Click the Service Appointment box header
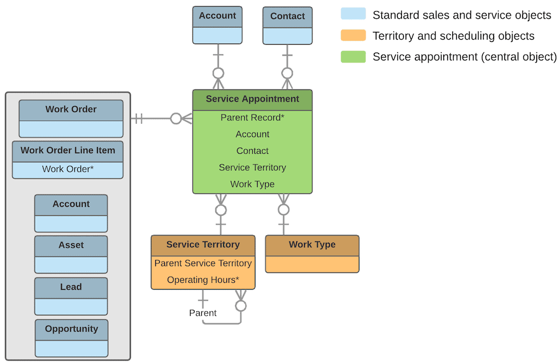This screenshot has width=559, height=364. pyautogui.click(x=252, y=100)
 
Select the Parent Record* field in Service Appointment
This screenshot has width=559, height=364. pyautogui.click(x=252, y=117)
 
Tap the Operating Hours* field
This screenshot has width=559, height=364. pyautogui.click(x=203, y=280)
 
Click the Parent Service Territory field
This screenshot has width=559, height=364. pyautogui.click(x=203, y=263)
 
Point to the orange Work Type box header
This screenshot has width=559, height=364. pyautogui.click(x=312, y=245)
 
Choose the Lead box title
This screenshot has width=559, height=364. pyautogui.click(x=71, y=287)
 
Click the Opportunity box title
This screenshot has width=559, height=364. pyautogui.click(x=72, y=329)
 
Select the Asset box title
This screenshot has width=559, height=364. pyautogui.click(x=71, y=245)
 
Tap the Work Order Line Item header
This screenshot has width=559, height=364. pyautogui.click(x=68, y=150)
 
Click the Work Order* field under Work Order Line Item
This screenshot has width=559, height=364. pyautogui.click(x=68, y=169)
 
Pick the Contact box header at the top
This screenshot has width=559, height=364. pyautogui.click(x=287, y=16)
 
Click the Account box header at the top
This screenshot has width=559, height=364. pyautogui.click(x=217, y=16)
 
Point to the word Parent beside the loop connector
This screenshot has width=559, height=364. pyautogui.click(x=202, y=313)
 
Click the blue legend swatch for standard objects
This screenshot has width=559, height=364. pyautogui.click(x=353, y=15)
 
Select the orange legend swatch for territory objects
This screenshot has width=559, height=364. pyautogui.click(x=353, y=36)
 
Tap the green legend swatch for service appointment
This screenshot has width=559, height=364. pyautogui.click(x=353, y=56)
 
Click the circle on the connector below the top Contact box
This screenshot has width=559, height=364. pyautogui.click(x=287, y=73)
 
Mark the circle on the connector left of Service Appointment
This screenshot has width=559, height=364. pyautogui.click(x=176, y=119)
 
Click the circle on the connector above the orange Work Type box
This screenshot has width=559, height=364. pyautogui.click(x=284, y=210)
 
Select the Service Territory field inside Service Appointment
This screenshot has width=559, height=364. pyautogui.click(x=252, y=167)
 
